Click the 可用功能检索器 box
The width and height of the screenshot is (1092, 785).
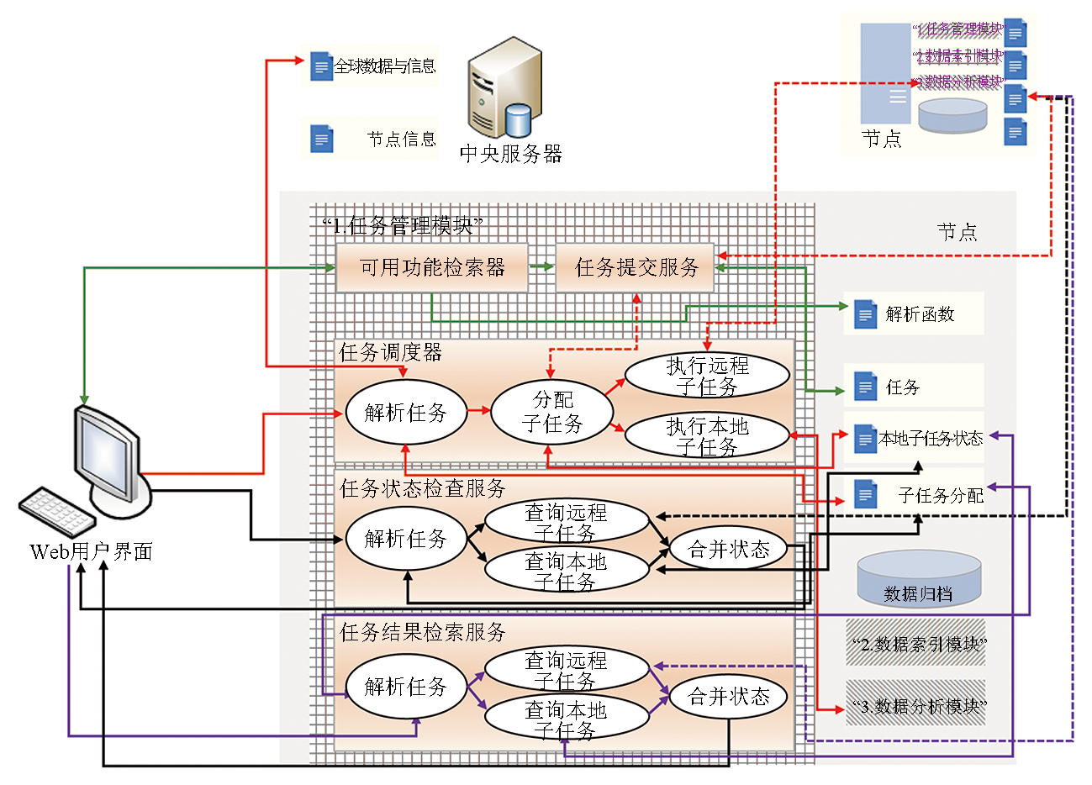tap(432, 268)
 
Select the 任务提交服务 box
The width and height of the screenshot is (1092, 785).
tap(636, 268)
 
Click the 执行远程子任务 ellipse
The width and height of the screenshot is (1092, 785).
tap(707, 376)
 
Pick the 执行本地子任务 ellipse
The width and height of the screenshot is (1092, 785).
tap(707, 436)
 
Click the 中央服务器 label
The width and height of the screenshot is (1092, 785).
tap(510, 155)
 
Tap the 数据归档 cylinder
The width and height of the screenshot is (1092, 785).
tap(918, 579)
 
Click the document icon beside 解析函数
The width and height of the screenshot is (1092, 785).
tap(865, 314)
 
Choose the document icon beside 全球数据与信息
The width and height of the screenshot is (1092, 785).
tap(321, 66)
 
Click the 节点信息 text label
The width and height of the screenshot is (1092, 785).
tap(402, 140)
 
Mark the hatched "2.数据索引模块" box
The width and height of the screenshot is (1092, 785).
tap(916, 644)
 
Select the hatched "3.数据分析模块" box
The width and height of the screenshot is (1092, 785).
tap(916, 706)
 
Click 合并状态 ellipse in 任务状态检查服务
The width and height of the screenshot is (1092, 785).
tap(729, 550)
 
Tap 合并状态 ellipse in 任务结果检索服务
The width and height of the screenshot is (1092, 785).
tap(729, 697)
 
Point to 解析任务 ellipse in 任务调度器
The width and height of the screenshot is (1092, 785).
tap(405, 413)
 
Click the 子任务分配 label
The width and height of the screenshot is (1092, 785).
tap(940, 496)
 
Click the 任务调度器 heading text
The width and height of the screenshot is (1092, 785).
tap(390, 353)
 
